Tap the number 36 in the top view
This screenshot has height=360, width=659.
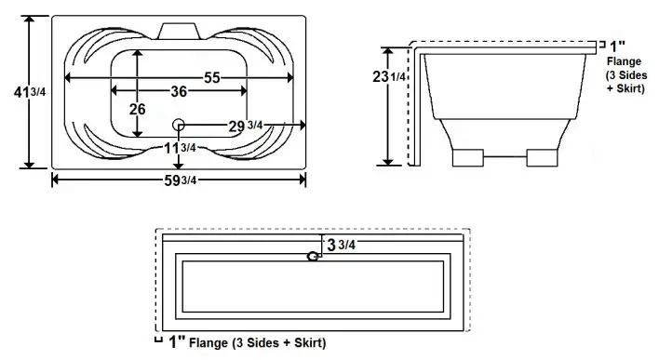pyautogui.click(x=179, y=91)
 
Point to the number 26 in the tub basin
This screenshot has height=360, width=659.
pyautogui.click(x=138, y=109)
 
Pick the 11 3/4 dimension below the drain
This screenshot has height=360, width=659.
pyautogui.click(x=180, y=148)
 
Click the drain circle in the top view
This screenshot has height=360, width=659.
pyautogui.click(x=179, y=125)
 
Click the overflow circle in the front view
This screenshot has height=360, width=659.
pyautogui.click(x=314, y=257)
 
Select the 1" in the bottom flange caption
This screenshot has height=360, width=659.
pyautogui.click(x=176, y=342)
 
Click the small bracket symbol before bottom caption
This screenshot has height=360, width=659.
pyautogui.click(x=158, y=340)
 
